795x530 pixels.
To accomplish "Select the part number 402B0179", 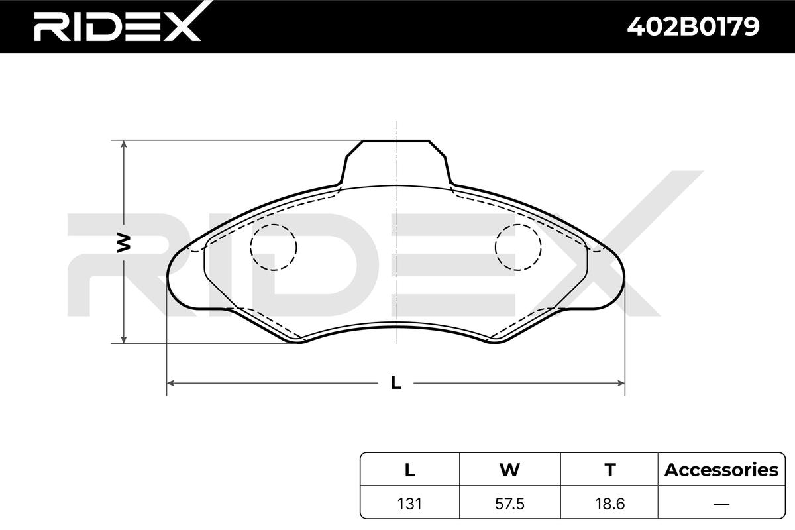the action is (693, 26).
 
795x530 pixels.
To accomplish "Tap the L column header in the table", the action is (410, 470).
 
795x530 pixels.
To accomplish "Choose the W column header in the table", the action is (510, 470).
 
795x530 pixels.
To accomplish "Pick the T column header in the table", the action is (610, 470).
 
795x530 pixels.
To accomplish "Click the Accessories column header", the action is (721, 470).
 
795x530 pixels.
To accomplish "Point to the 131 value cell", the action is (409, 503).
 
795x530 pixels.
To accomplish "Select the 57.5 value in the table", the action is (509, 503).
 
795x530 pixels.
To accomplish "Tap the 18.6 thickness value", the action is (609, 503).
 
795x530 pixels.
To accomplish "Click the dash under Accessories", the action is (721, 503).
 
